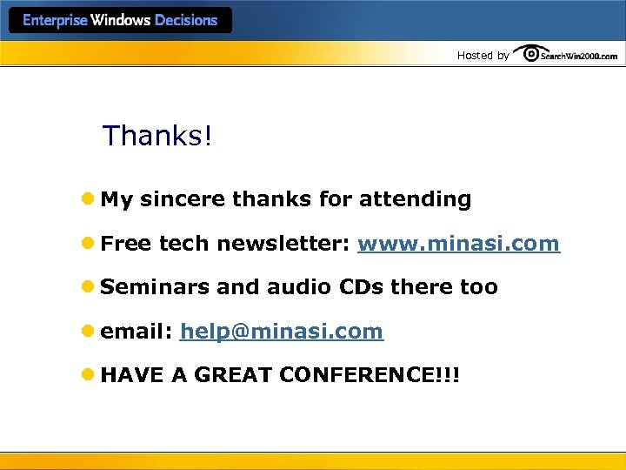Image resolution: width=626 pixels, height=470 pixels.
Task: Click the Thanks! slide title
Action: pyautogui.click(x=157, y=136)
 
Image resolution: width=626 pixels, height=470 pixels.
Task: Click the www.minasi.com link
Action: pyautogui.click(x=458, y=244)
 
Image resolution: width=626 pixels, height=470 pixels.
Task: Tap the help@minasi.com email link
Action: pyautogui.click(x=281, y=332)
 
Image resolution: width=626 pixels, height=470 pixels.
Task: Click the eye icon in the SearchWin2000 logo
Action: pyautogui.click(x=528, y=54)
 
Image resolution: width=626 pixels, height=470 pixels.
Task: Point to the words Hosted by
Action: pyautogui.click(x=483, y=56)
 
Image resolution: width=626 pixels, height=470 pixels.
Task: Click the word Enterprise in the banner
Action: pyautogui.click(x=55, y=20)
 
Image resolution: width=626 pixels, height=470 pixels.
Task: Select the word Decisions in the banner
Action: pyautogui.click(x=185, y=20)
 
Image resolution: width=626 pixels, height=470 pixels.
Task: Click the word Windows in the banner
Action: pyautogui.click(x=121, y=20)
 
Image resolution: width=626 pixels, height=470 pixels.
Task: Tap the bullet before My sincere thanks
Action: pyautogui.click(x=90, y=199)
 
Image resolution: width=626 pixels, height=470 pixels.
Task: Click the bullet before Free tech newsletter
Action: pyautogui.click(x=90, y=244)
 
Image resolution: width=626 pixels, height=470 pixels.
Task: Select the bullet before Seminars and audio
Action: pyautogui.click(x=90, y=287)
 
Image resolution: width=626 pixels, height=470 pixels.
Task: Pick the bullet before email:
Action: pyautogui.click(x=90, y=332)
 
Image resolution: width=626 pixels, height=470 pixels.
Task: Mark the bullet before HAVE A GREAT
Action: pyautogui.click(x=90, y=376)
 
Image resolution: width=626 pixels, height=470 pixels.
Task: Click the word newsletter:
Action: pyautogui.click(x=283, y=244)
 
